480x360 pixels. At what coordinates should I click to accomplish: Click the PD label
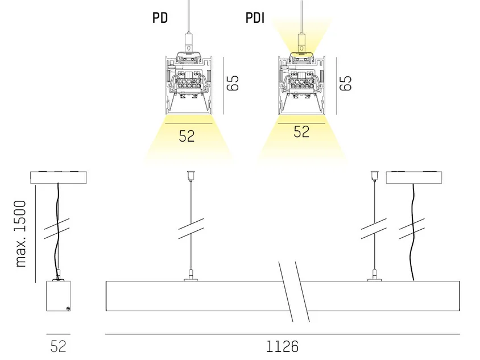[160, 18]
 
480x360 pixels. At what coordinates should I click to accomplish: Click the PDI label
[255, 18]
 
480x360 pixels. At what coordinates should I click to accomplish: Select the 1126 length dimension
[282, 346]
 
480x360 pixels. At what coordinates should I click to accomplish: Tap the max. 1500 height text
[21, 234]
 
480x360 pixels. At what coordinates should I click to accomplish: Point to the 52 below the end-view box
[58, 346]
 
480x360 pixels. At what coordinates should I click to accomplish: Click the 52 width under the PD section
[187, 136]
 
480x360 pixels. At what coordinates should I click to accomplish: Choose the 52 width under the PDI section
[301, 131]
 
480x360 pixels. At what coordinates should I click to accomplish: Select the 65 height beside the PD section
[233, 82]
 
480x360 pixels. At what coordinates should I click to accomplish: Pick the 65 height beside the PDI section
[346, 82]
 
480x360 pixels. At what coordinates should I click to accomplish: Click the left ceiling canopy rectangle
[59, 177]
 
